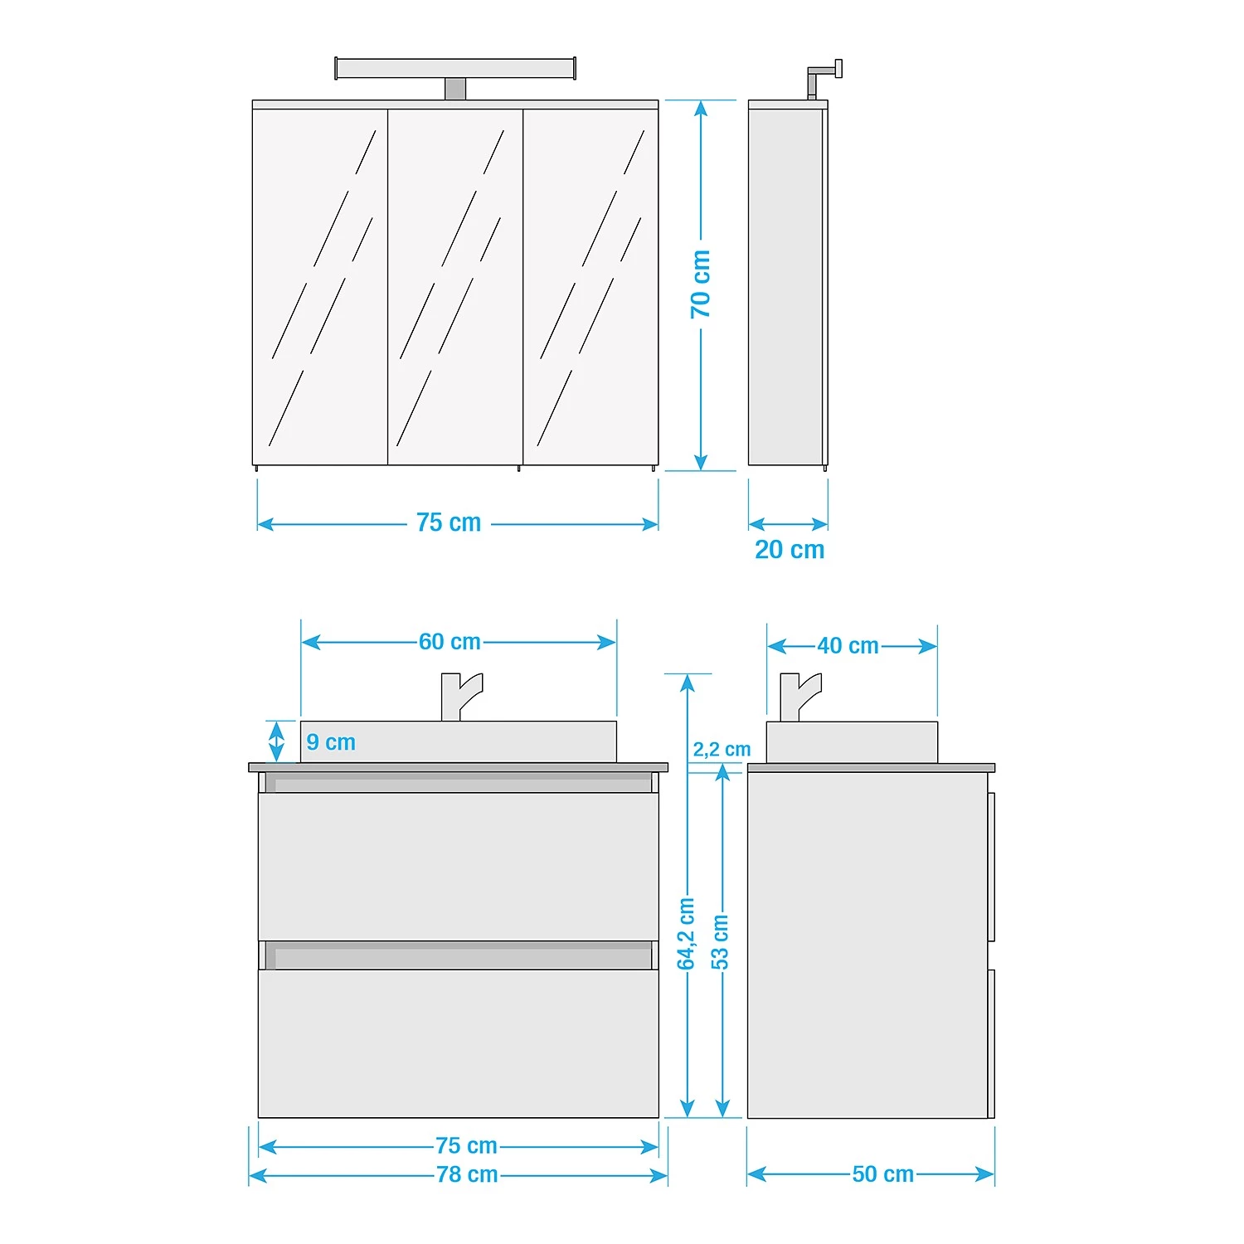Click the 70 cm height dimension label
pyautogui.click(x=701, y=284)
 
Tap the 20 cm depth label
pyautogui.click(x=790, y=550)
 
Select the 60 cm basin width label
pyautogui.click(x=449, y=642)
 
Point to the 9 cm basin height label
pyautogui.click(x=331, y=742)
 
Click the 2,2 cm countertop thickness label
pyautogui.click(x=722, y=750)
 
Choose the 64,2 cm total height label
pyautogui.click(x=686, y=934)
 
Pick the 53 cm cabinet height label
pyautogui.click(x=720, y=942)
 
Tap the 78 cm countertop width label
pyautogui.click(x=468, y=1175)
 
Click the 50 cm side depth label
pyautogui.click(x=883, y=1174)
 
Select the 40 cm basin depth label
pyautogui.click(x=848, y=646)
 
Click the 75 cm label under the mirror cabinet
pyautogui.click(x=449, y=523)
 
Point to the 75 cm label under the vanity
pyautogui.click(x=467, y=1146)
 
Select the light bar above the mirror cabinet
pyautogui.click(x=455, y=69)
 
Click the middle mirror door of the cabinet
pyautogui.click(x=455, y=287)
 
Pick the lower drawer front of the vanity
pyautogui.click(x=459, y=1043)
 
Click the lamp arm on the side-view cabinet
pyautogui.click(x=824, y=77)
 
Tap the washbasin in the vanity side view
pyautogui.click(x=852, y=742)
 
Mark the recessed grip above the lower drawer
pyautogui.click(x=459, y=955)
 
